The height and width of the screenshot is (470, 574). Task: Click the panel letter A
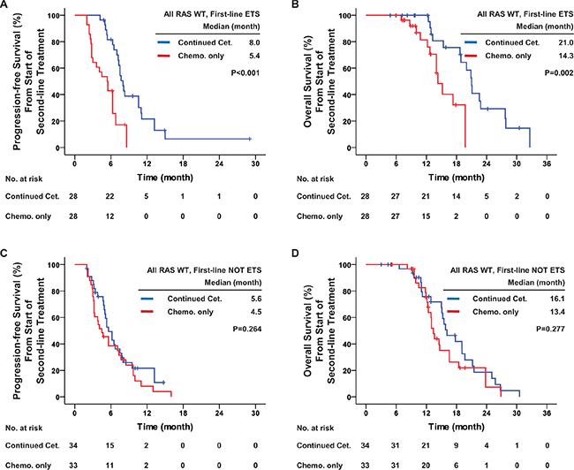click(4, 4)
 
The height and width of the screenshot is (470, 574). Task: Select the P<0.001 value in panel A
click(245, 72)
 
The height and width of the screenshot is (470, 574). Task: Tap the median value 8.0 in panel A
click(254, 42)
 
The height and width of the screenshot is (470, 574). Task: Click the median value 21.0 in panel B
click(565, 42)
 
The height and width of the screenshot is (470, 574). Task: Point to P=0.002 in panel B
click(559, 72)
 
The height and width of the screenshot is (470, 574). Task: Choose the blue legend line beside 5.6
click(147, 299)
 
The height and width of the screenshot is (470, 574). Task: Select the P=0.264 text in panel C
click(247, 329)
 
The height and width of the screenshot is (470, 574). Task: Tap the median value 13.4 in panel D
click(557, 312)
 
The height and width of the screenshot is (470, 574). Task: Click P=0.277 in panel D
click(550, 329)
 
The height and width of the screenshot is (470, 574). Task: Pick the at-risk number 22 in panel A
click(110, 196)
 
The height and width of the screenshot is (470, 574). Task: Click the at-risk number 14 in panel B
click(457, 196)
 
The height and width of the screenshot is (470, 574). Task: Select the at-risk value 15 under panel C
click(110, 445)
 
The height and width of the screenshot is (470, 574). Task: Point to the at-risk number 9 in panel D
click(457, 445)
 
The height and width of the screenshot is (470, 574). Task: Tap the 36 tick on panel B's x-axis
click(547, 163)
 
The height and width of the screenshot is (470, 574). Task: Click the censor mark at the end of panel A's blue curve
click(250, 139)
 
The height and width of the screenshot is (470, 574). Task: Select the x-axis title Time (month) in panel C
click(165, 427)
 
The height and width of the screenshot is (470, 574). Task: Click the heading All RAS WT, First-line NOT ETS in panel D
click(508, 270)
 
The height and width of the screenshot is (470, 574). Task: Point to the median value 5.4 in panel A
click(254, 56)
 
